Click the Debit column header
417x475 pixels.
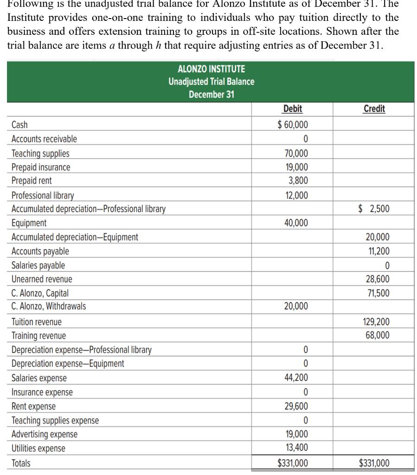tap(292, 109)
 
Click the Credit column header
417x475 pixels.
tap(374, 109)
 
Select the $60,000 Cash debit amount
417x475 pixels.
tap(292, 124)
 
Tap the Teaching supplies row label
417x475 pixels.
tap(40, 154)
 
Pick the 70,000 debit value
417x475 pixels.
tap(295, 154)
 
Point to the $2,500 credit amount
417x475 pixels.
tap(374, 209)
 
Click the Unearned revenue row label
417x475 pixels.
tap(42, 279)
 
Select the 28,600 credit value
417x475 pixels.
tap(378, 279)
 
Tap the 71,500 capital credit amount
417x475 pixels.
tap(378, 293)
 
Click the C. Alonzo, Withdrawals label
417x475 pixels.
tap(49, 306)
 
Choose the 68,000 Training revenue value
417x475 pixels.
tap(378, 335)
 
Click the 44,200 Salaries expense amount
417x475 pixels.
tap(295, 378)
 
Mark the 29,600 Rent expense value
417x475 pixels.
tap(295, 406)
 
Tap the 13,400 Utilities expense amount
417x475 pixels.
tap(295, 448)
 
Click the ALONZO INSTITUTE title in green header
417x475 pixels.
tap(212, 70)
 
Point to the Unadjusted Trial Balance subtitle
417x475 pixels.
tap(212, 82)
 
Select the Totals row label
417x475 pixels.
tap(21, 463)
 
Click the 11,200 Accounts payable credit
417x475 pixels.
tap(378, 251)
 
